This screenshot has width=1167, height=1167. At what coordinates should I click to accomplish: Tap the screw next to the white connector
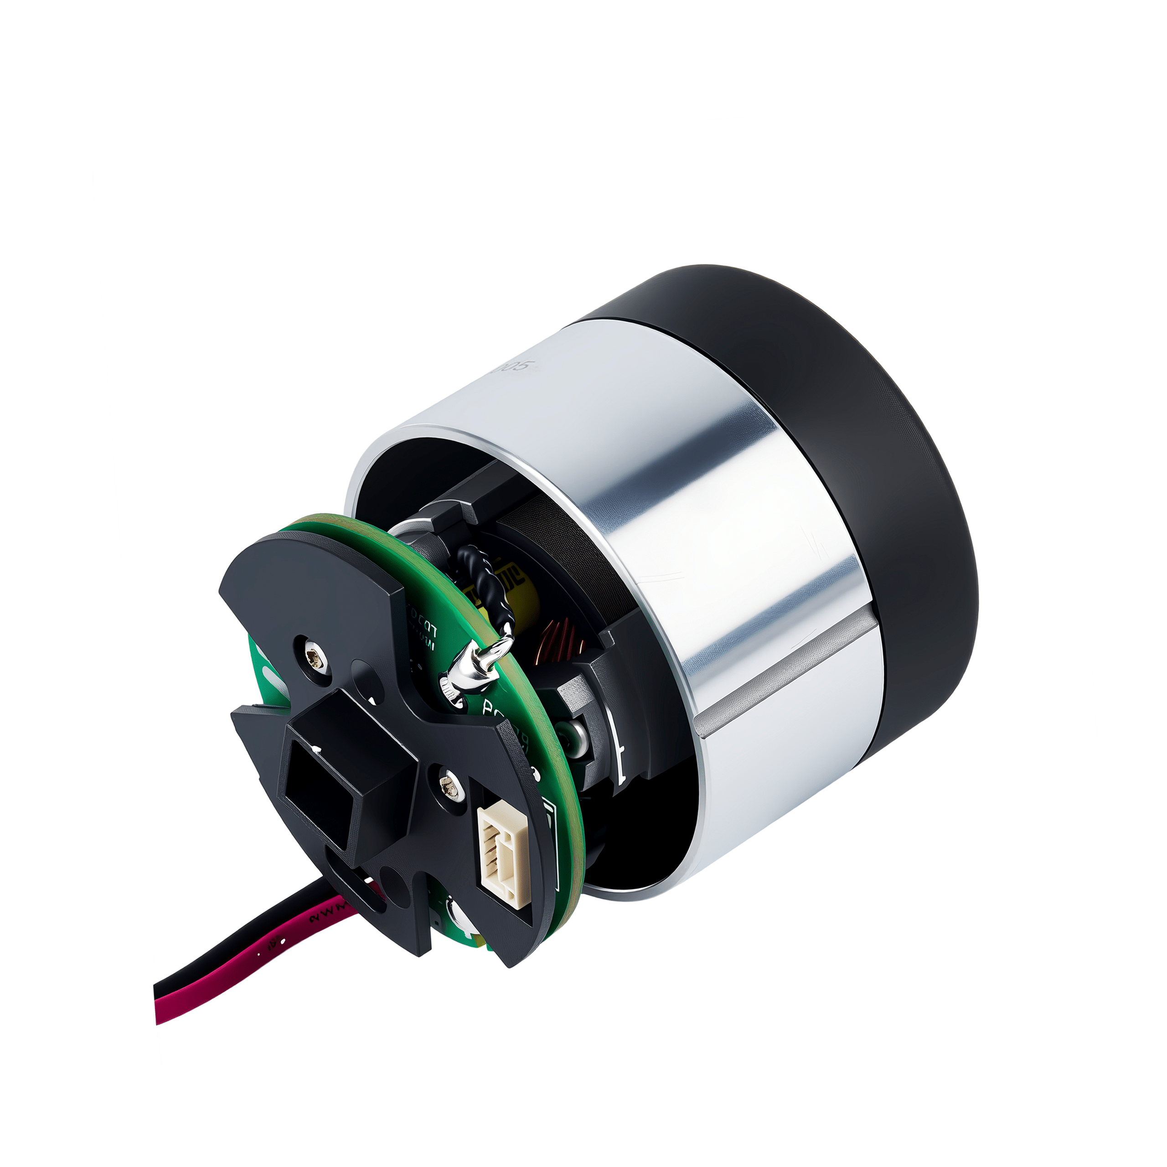pyautogui.click(x=451, y=786)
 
